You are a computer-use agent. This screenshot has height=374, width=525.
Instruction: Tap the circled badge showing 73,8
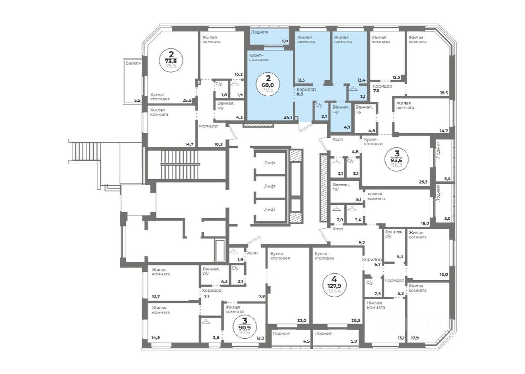click(x=171, y=60)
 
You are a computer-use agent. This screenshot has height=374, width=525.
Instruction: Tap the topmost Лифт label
click(x=270, y=163)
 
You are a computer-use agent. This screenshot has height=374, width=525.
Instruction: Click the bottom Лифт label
click(x=270, y=210)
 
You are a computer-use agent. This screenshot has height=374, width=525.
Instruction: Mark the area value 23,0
click(x=302, y=320)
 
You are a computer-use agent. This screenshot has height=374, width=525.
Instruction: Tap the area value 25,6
click(x=186, y=100)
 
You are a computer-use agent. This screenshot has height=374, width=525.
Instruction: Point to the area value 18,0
click(x=425, y=223)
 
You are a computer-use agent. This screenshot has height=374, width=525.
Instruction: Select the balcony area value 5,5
click(x=137, y=100)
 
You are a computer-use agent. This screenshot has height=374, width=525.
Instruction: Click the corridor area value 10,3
click(x=218, y=144)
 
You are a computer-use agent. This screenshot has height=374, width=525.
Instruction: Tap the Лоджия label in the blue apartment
click(x=259, y=32)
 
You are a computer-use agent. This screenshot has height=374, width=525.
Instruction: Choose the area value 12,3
click(x=260, y=338)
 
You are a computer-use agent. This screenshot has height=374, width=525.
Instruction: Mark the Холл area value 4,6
click(x=355, y=151)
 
